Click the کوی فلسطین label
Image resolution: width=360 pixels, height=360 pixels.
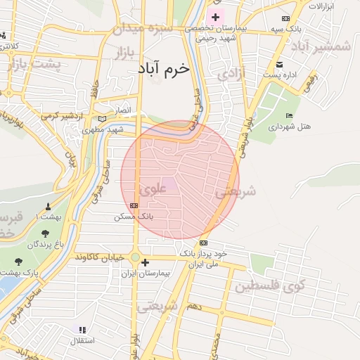[x=271, y=286]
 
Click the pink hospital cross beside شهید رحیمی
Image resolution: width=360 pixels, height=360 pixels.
[x=216, y=16]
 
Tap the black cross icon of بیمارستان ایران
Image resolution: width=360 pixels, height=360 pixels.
[x=145, y=263]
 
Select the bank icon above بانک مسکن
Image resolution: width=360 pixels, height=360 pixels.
[x=134, y=205]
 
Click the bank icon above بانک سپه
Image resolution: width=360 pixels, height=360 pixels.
[x=285, y=18]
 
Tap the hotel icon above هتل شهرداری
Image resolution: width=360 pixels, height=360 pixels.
[x=289, y=116]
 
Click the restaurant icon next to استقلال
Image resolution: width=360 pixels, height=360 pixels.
[x=82, y=329]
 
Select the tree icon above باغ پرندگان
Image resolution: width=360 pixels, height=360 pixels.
[x=46, y=233]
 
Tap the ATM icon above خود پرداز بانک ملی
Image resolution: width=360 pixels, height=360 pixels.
[x=203, y=243]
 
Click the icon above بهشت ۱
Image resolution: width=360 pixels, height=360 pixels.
[x=48, y=207]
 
